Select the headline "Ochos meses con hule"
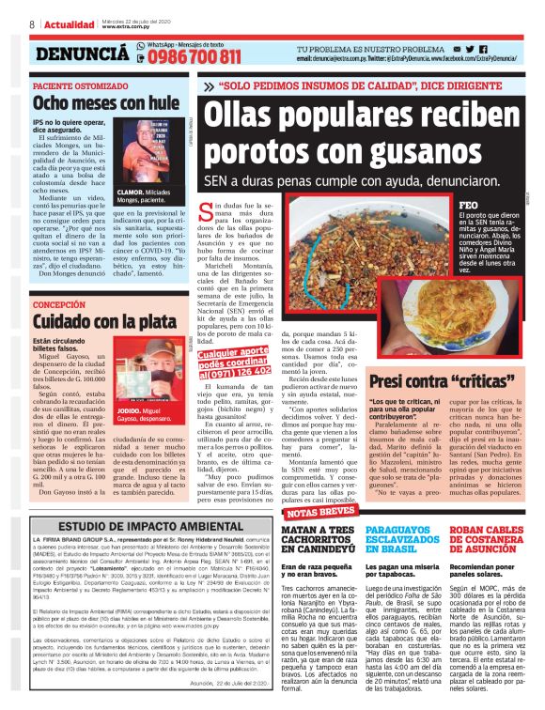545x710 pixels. [x=92, y=100]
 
